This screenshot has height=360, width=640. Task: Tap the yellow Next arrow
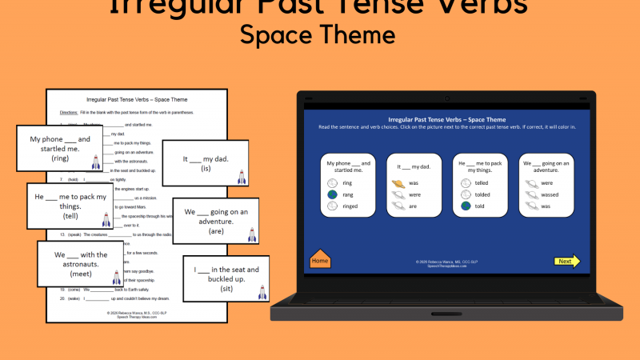point(566,261)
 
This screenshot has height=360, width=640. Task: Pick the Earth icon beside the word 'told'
point(466,206)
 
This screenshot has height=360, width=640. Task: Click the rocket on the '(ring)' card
point(97,162)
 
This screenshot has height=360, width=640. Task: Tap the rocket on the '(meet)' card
point(117,277)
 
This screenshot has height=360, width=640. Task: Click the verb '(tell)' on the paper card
point(70,216)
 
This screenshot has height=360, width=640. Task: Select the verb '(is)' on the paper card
point(206,169)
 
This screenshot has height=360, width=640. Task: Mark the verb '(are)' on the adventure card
point(215,231)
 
